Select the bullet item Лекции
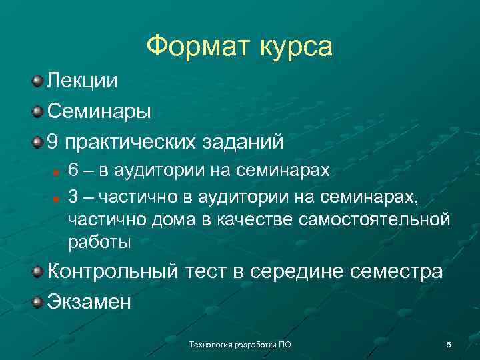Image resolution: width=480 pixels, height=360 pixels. (82, 81)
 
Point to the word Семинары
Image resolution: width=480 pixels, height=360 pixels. (99, 111)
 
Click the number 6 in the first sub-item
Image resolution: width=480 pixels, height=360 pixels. (74, 170)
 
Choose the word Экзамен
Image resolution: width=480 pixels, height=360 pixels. (89, 302)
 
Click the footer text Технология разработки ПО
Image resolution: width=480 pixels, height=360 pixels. (240, 345)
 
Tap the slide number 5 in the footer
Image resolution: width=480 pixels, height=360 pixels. (449, 345)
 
